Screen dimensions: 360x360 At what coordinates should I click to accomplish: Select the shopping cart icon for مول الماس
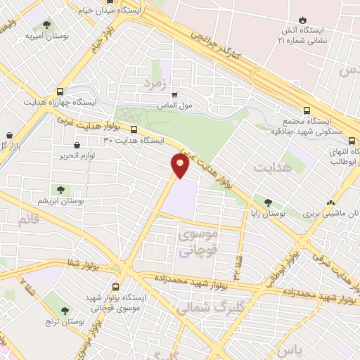coord(174,94)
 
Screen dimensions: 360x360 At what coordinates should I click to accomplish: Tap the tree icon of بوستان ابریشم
coord(60,189)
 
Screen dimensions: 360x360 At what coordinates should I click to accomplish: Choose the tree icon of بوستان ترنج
coord(65,310)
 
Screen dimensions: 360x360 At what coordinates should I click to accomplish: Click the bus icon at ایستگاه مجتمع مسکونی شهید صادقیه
coord(307,110)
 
